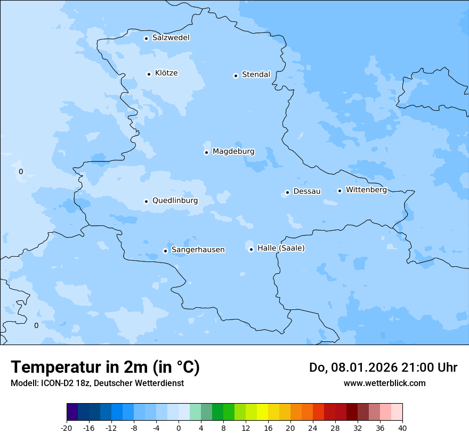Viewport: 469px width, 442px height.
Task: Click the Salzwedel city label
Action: [171, 38]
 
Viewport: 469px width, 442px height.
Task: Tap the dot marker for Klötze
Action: [149, 74]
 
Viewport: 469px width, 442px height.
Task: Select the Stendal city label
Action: [256, 75]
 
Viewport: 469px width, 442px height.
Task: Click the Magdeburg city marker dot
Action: [206, 152]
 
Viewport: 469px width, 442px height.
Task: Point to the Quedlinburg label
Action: [175, 201]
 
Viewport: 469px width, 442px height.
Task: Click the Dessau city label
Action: [307, 191]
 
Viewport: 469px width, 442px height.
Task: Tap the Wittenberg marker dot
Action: [339, 191]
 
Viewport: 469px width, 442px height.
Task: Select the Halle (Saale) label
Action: [281, 248]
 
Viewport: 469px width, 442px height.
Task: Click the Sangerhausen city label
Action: [198, 250]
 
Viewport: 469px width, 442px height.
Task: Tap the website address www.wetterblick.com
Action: [384, 383]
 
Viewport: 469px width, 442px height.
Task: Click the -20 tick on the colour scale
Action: [67, 428]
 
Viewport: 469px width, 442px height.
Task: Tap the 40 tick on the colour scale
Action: [402, 428]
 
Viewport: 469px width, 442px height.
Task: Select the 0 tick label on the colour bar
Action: [179, 428]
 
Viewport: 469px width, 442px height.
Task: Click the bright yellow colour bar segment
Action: [262, 412]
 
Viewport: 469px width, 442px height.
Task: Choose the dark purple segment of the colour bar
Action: [72, 412]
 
